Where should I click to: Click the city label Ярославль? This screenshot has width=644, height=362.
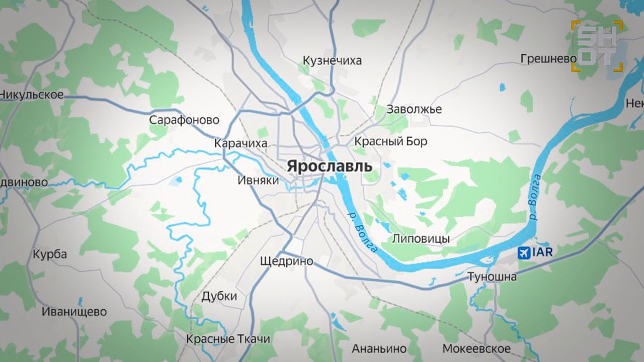pos(330,166)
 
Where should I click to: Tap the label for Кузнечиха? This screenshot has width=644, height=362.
pos(332,61)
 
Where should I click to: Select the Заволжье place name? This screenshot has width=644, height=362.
pos(414,109)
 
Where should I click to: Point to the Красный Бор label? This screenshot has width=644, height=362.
pos(390,141)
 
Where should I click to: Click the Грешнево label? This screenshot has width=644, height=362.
pos(548,59)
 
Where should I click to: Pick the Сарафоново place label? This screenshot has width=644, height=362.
pos(184,120)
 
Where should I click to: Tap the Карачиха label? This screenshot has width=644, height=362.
pos(240,143)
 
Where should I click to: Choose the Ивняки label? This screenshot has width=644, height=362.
pos(258,180)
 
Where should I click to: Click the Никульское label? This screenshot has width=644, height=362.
pos(32,95)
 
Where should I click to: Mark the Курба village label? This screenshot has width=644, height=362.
pos(50,254)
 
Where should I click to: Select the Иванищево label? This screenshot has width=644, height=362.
pos(74,312)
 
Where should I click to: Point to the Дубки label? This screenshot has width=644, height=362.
pos(219,296)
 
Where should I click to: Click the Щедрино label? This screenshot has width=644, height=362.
pos(286,261)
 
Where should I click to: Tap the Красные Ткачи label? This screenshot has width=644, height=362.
pos(228,339)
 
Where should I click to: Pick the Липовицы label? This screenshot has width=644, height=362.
pos(421,239)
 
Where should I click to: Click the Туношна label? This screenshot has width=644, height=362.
pos(492,277)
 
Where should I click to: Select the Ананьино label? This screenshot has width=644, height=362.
pos(379,348)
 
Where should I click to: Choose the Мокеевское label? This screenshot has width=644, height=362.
pos(476,348)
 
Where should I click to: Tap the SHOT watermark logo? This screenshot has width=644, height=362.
pos(597,46)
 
